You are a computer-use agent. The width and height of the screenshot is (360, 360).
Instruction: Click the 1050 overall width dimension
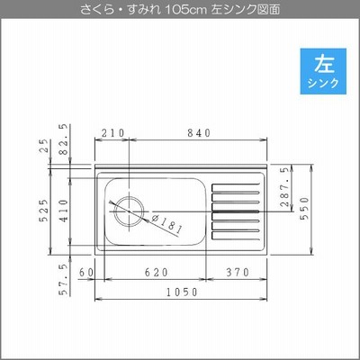183,292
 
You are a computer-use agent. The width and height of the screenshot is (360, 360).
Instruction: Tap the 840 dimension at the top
199,132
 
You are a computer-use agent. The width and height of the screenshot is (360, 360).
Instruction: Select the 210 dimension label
112,132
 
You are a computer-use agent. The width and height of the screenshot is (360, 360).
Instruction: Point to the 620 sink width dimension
157,273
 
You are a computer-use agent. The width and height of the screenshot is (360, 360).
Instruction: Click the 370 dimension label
238,273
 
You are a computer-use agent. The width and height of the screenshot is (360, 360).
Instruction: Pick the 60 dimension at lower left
86,273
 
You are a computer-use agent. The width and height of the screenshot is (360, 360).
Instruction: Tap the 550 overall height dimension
304,209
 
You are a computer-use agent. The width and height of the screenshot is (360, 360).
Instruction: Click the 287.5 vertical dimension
284,186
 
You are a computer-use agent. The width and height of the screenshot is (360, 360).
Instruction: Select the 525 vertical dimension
44,210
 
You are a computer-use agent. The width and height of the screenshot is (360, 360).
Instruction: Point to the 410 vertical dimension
64,211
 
